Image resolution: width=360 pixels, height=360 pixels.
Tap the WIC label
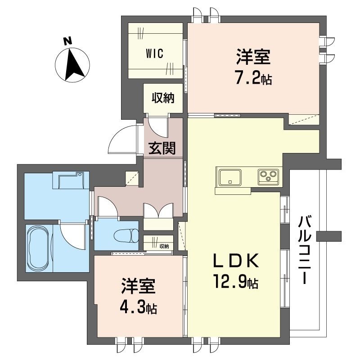pyautogui.click(x=154, y=53)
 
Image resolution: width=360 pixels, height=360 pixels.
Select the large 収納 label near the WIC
pyautogui.click(x=162, y=98)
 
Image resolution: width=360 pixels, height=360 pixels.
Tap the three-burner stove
pyautogui.click(x=269, y=176)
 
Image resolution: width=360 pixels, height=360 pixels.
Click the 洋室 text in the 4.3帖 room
pyautogui.click(x=138, y=288)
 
